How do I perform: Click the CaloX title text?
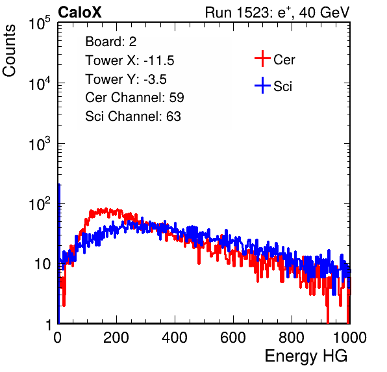[80, 12]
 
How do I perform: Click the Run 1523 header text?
[277, 12]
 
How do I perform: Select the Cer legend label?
[284, 60]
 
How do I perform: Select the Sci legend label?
[282, 86]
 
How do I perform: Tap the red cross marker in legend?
[262, 59]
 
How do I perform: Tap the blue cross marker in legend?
[262, 85]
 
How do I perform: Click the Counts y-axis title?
[9, 51]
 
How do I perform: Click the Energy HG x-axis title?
[306, 356]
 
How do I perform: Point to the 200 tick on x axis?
[116, 338]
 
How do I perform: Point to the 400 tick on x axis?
[175, 338]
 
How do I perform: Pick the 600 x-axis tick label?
[233, 338]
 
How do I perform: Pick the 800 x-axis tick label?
[292, 338]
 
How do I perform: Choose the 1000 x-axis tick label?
[350, 338]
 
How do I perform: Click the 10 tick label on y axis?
[43, 265]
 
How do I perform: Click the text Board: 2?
[111, 42]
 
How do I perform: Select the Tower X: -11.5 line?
[130, 60]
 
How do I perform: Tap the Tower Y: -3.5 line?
[126, 79]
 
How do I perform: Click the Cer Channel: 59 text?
[134, 98]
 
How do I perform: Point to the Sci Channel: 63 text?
[133, 116]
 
